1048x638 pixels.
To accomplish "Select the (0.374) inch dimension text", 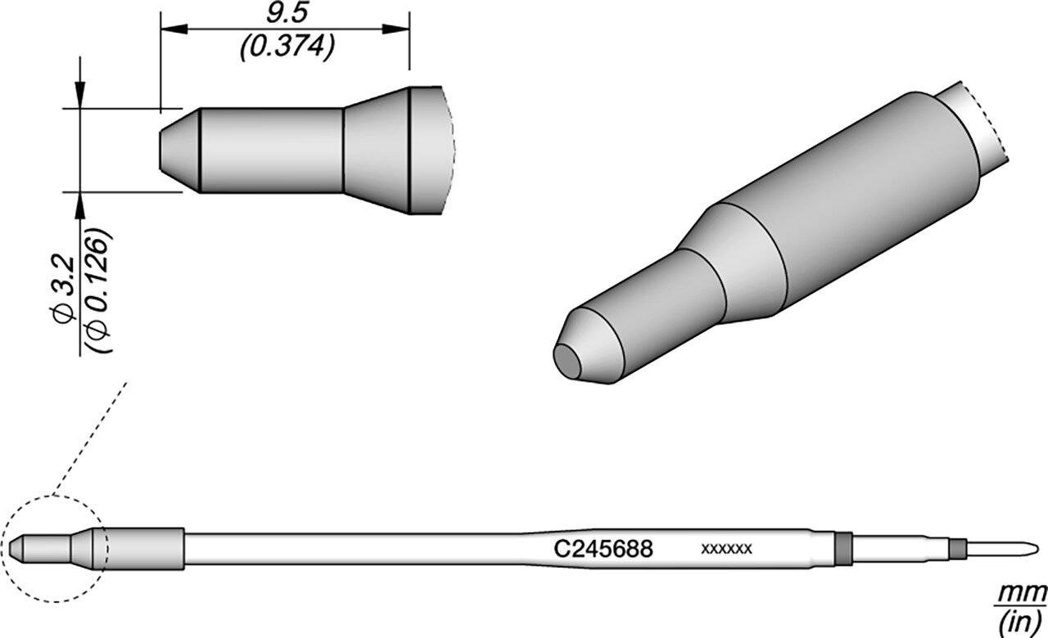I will point(285,48).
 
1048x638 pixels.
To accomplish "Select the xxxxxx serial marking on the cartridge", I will point(726,549).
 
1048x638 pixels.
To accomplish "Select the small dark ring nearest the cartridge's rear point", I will point(956,547).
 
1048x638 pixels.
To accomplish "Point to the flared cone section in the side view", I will point(375,151).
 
